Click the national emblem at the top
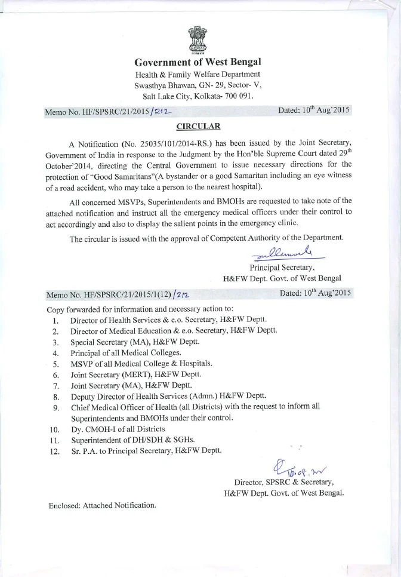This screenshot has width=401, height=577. pos(198,39)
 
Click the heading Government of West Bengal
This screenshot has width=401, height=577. pos(198,62)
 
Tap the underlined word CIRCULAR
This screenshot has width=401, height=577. pos(198,126)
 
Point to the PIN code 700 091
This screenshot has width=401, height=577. pos(238,96)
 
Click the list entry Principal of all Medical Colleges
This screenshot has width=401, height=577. pos(121,353)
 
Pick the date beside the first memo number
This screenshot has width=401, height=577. pos(314,111)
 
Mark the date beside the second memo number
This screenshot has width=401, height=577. pos(314,293)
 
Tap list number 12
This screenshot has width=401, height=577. pos(55,451)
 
